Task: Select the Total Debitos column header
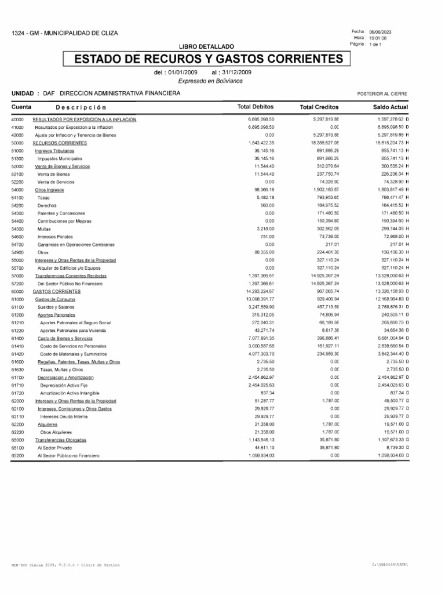256,107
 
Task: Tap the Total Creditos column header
319,107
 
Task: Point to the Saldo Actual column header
391,107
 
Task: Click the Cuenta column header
21,107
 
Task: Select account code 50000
17,142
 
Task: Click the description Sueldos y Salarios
56,307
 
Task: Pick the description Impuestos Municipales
60,158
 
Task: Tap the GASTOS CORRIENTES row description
60,292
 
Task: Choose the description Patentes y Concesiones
61,213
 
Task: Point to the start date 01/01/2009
183,73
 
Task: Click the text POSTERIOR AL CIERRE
383,93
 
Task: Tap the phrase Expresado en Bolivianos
210,81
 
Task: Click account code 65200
17,456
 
